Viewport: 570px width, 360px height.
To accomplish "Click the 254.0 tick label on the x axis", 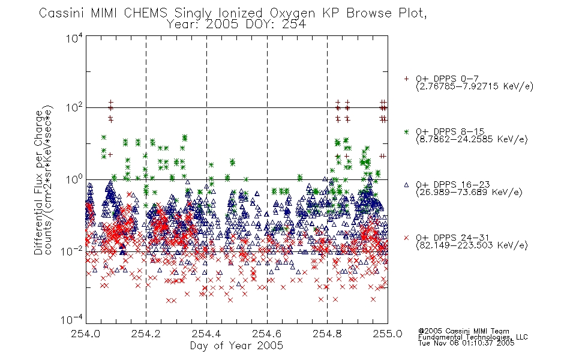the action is pos(85,334).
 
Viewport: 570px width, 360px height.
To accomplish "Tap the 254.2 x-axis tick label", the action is pos(146,334).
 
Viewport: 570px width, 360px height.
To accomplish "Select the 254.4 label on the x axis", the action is pos(206,334).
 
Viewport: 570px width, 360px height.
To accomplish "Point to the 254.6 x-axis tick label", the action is pos(267,334).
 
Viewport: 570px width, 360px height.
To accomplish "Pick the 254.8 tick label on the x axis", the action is pos(327,334).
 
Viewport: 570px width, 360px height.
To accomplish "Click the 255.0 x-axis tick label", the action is pos(388,334).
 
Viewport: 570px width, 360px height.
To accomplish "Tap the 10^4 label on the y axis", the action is pos(74,38).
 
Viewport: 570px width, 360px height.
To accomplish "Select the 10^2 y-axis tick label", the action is pos(74,107).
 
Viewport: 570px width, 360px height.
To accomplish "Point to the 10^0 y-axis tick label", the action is pos(74,179).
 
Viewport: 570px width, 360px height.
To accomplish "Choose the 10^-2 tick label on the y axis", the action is pos(73,251).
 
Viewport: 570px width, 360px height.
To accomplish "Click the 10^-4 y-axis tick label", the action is pos(73,320).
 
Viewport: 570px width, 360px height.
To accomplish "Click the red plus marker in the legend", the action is pos(406,79).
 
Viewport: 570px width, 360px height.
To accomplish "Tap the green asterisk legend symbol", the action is pos(406,131).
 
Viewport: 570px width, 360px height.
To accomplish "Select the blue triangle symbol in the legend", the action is pos(406,185).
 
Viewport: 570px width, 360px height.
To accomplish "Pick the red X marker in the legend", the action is pos(406,238).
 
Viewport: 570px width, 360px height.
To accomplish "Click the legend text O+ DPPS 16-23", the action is pos(453,185).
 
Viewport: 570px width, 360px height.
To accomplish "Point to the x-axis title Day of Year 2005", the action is pos(236,346).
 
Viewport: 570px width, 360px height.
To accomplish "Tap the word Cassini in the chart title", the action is pos(62,13).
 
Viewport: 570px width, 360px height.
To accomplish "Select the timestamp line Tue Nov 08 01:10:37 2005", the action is pos(466,343).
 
